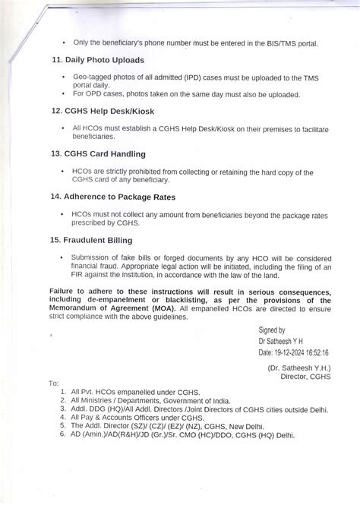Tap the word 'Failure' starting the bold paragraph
pyautogui.click(x=66, y=292)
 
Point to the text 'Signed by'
pyautogui.click(x=272, y=331)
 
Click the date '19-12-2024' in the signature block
pyautogui.click(x=292, y=352)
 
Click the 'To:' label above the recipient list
pyautogui.click(x=53, y=383)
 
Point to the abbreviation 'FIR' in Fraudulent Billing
pyautogui.click(x=76, y=275)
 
